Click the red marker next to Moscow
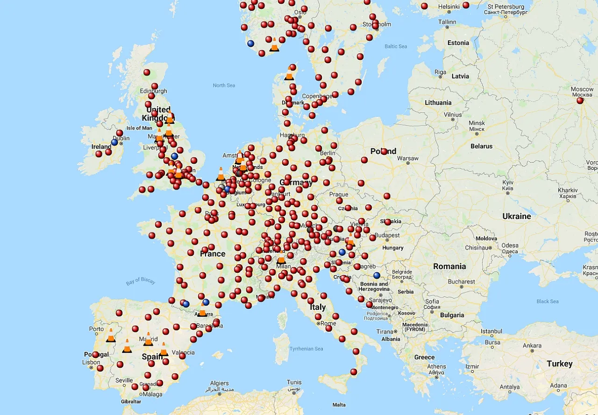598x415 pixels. click(580, 100)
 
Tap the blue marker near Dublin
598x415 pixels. click(114, 142)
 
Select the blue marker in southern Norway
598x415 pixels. click(250, 44)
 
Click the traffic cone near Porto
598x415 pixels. click(111, 335)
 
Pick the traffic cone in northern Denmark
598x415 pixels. click(289, 74)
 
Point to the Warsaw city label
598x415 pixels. click(408, 158)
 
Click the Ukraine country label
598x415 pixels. click(516, 216)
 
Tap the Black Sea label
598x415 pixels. click(548, 301)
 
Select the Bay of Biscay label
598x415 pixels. click(141, 282)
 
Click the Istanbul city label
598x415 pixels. click(491, 331)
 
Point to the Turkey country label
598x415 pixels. click(559, 364)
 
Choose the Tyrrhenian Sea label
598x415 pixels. click(306, 349)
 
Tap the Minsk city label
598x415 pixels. click(477, 123)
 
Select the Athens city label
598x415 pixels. click(436, 366)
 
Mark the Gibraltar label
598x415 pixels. click(130, 401)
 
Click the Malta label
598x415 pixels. click(339, 405)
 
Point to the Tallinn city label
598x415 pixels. click(447, 22)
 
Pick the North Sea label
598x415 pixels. click(224, 86)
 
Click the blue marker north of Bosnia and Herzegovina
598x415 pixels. click(377, 276)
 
